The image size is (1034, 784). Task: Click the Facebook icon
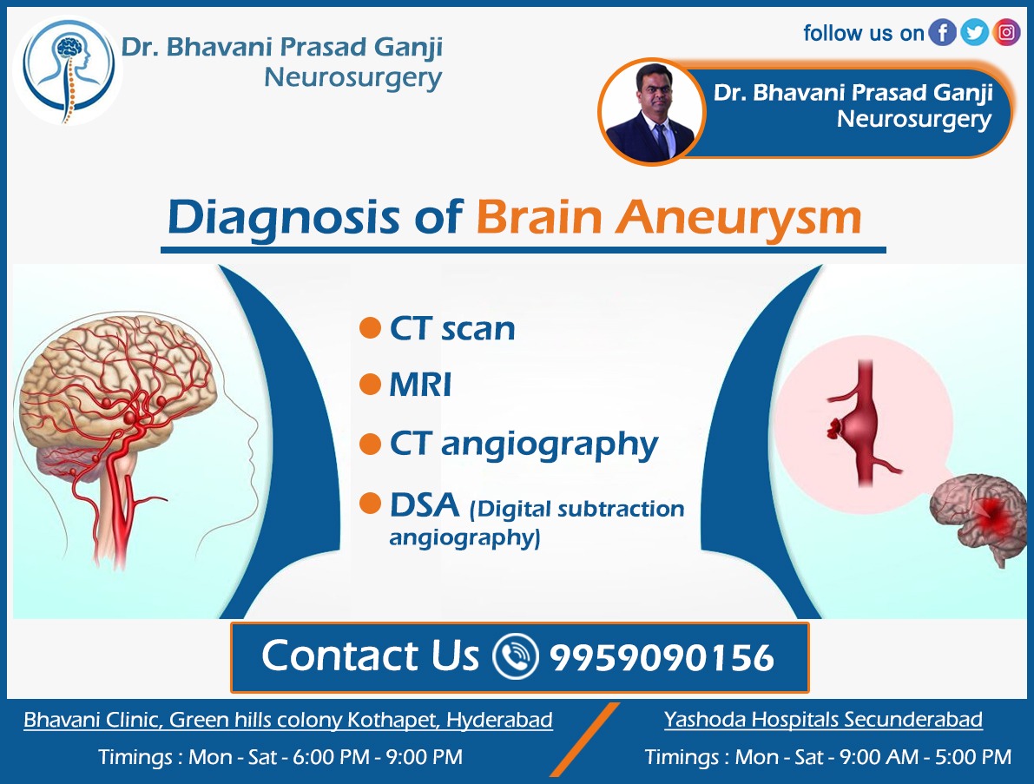pyautogui.click(x=942, y=33)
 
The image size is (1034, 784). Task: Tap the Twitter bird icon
pyautogui.click(x=974, y=33)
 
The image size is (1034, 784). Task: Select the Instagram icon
pyautogui.click(x=1006, y=33)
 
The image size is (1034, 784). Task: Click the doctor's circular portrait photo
pyautogui.click(x=650, y=111)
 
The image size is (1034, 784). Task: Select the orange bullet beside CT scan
pyautogui.click(x=370, y=328)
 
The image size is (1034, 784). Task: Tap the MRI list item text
pyautogui.click(x=420, y=385)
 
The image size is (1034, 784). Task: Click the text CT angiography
pyautogui.click(x=524, y=444)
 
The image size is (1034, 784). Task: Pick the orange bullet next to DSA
pyautogui.click(x=370, y=503)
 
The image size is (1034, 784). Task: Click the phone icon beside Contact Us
pyautogui.click(x=516, y=656)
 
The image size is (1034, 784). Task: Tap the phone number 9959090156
pyautogui.click(x=662, y=657)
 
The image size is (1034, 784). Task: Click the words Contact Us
pyautogui.click(x=370, y=656)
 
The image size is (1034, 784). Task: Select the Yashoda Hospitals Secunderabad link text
pyautogui.click(x=823, y=719)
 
